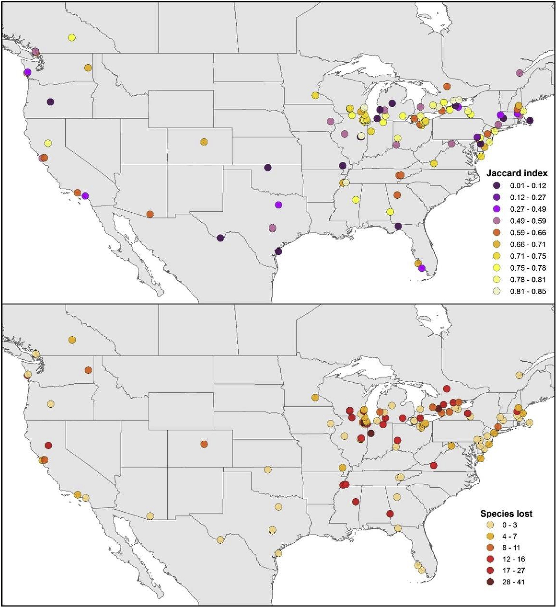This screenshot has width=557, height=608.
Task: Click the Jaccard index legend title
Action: pos(517,173)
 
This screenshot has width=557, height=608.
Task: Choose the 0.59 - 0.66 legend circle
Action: pos(497,233)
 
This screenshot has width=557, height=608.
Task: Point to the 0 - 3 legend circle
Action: pos(490,525)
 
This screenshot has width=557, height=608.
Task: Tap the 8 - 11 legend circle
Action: pos(490,548)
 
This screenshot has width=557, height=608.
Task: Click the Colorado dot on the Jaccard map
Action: pos(204,142)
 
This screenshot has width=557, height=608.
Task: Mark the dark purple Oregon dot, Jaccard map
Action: pos(51,102)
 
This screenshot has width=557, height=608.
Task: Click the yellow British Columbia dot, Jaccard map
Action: pos(72,38)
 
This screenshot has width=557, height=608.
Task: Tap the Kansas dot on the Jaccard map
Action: pos(267,168)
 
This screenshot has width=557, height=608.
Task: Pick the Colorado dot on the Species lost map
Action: pos(204,444)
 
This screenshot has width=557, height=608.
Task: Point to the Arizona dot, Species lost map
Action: pos(150,516)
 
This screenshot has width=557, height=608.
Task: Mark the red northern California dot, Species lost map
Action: pos(48,445)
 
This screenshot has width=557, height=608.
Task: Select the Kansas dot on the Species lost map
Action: pos(267,469)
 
